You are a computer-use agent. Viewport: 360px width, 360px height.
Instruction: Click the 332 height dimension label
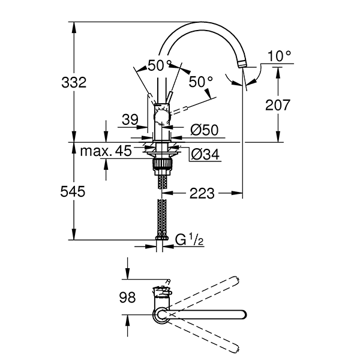pos(74,83)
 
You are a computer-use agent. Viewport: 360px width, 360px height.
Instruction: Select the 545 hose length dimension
pos(74,191)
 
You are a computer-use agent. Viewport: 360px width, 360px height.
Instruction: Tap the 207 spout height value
pos(277,105)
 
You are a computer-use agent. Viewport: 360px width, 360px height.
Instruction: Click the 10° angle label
pos(279,56)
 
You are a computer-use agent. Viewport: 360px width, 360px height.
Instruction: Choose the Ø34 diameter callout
pos(203,155)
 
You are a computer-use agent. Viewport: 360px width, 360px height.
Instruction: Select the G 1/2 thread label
pos(189,241)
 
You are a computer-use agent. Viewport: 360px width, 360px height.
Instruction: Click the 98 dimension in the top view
pos(127,296)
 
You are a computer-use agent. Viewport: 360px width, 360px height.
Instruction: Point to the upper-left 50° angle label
pos(160,65)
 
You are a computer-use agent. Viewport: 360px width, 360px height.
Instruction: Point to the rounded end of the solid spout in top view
pos(242,314)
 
